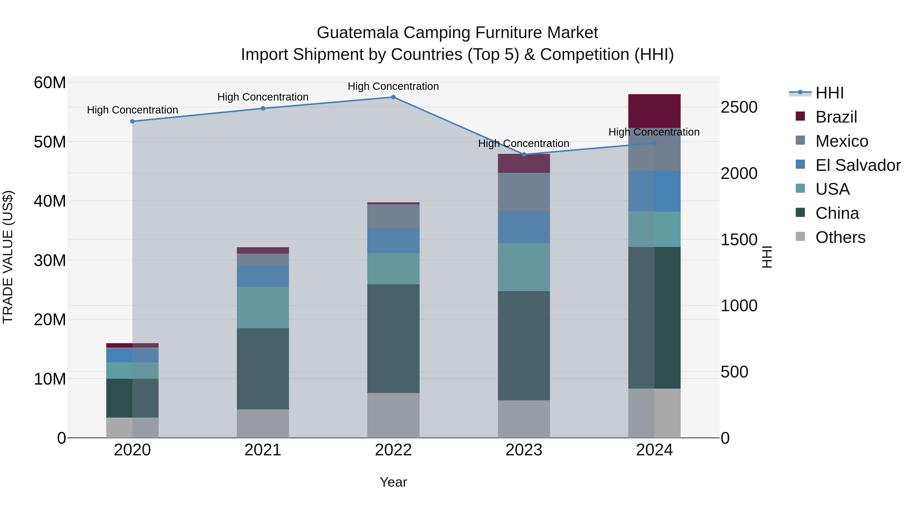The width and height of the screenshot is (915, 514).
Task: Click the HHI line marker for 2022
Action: tap(393, 97)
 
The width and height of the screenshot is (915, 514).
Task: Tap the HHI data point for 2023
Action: tap(524, 154)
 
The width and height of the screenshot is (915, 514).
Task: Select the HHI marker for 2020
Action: tap(132, 121)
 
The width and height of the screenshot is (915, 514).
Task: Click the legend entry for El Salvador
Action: tap(858, 165)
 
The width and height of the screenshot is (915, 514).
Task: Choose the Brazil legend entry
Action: tap(836, 117)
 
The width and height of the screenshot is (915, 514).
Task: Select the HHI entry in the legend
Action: tap(829, 93)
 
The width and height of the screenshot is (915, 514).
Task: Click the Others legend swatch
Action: tap(800, 237)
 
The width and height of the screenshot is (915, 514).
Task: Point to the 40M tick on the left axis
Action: tap(50, 201)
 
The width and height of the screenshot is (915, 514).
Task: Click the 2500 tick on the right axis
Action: tap(739, 107)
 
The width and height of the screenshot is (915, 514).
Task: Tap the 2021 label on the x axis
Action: tap(263, 450)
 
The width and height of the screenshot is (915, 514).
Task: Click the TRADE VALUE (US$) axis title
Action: tap(8, 257)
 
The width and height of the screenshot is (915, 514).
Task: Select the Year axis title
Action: tap(393, 482)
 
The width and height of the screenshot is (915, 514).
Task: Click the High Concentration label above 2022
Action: tap(393, 86)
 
